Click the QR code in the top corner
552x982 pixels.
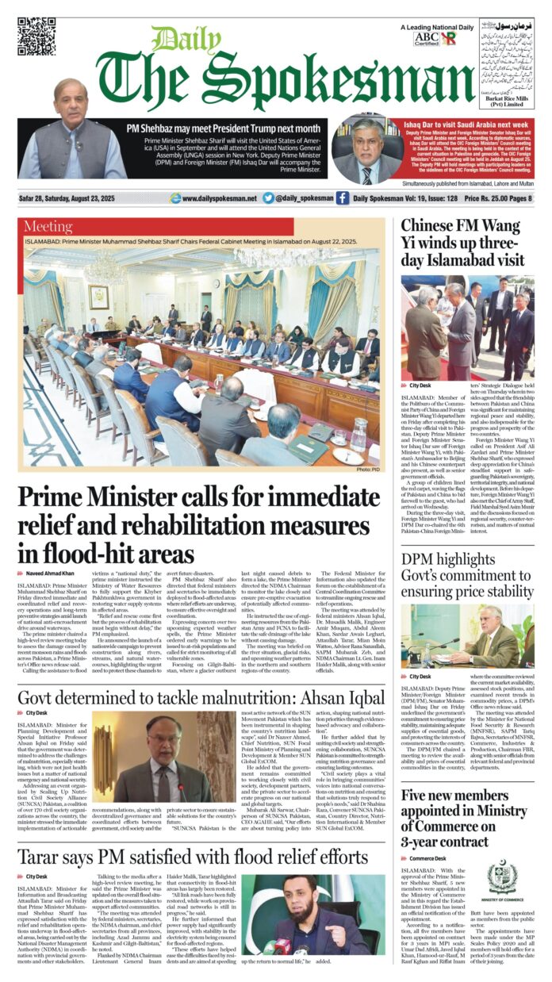[x=37, y=36]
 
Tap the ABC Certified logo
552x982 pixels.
[x=425, y=39]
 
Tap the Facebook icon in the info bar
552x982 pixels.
[x=342, y=198]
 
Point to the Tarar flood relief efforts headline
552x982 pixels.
[x=193, y=857]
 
